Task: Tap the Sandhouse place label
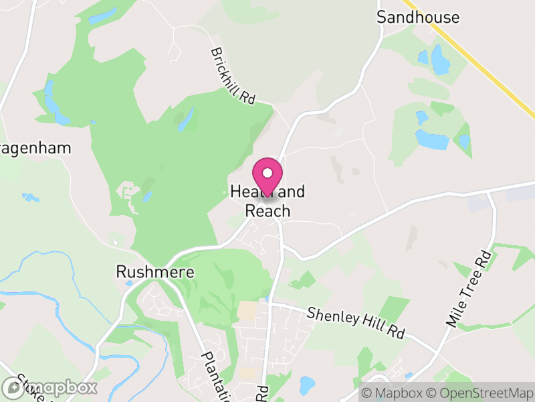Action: pyautogui.click(x=418, y=17)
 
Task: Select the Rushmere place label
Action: pyautogui.click(x=154, y=271)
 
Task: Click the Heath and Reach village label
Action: pyautogui.click(x=267, y=201)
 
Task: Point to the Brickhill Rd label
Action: pyautogui.click(x=233, y=75)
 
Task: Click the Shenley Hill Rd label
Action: pyautogui.click(x=356, y=323)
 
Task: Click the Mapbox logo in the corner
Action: pyautogui.click(x=49, y=387)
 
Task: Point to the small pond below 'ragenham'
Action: pyautogui.click(x=30, y=197)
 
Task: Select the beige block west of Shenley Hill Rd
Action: pyautogui.click(x=247, y=310)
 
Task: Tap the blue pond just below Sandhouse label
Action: pyautogui.click(x=440, y=60)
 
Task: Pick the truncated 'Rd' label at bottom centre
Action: pyautogui.click(x=262, y=393)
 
